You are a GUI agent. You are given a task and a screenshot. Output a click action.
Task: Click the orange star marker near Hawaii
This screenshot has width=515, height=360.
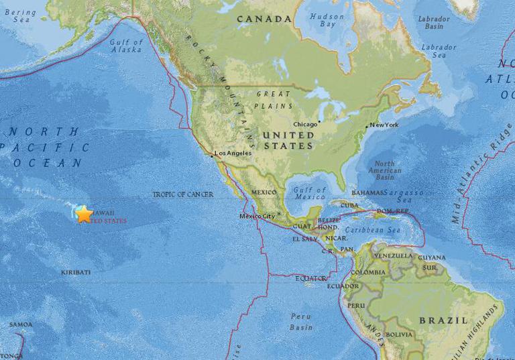(84, 215)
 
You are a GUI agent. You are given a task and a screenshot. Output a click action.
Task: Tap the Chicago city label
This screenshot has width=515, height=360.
(305, 124)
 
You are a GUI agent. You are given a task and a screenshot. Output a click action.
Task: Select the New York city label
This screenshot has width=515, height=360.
(384, 125)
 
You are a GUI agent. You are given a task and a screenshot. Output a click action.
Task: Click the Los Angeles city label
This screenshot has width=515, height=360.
(232, 154)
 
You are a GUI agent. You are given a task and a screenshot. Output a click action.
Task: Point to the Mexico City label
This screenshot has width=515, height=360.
(258, 216)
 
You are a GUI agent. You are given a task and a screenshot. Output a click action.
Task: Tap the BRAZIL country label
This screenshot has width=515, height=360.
(443, 320)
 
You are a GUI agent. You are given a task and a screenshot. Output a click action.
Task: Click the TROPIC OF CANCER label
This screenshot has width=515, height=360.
(182, 194)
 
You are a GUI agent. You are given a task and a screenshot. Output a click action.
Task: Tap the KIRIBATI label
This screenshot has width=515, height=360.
(76, 272)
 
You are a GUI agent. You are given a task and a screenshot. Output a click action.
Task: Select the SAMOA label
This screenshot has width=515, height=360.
(20, 325)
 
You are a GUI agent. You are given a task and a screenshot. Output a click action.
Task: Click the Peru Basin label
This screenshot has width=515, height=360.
(301, 321)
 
